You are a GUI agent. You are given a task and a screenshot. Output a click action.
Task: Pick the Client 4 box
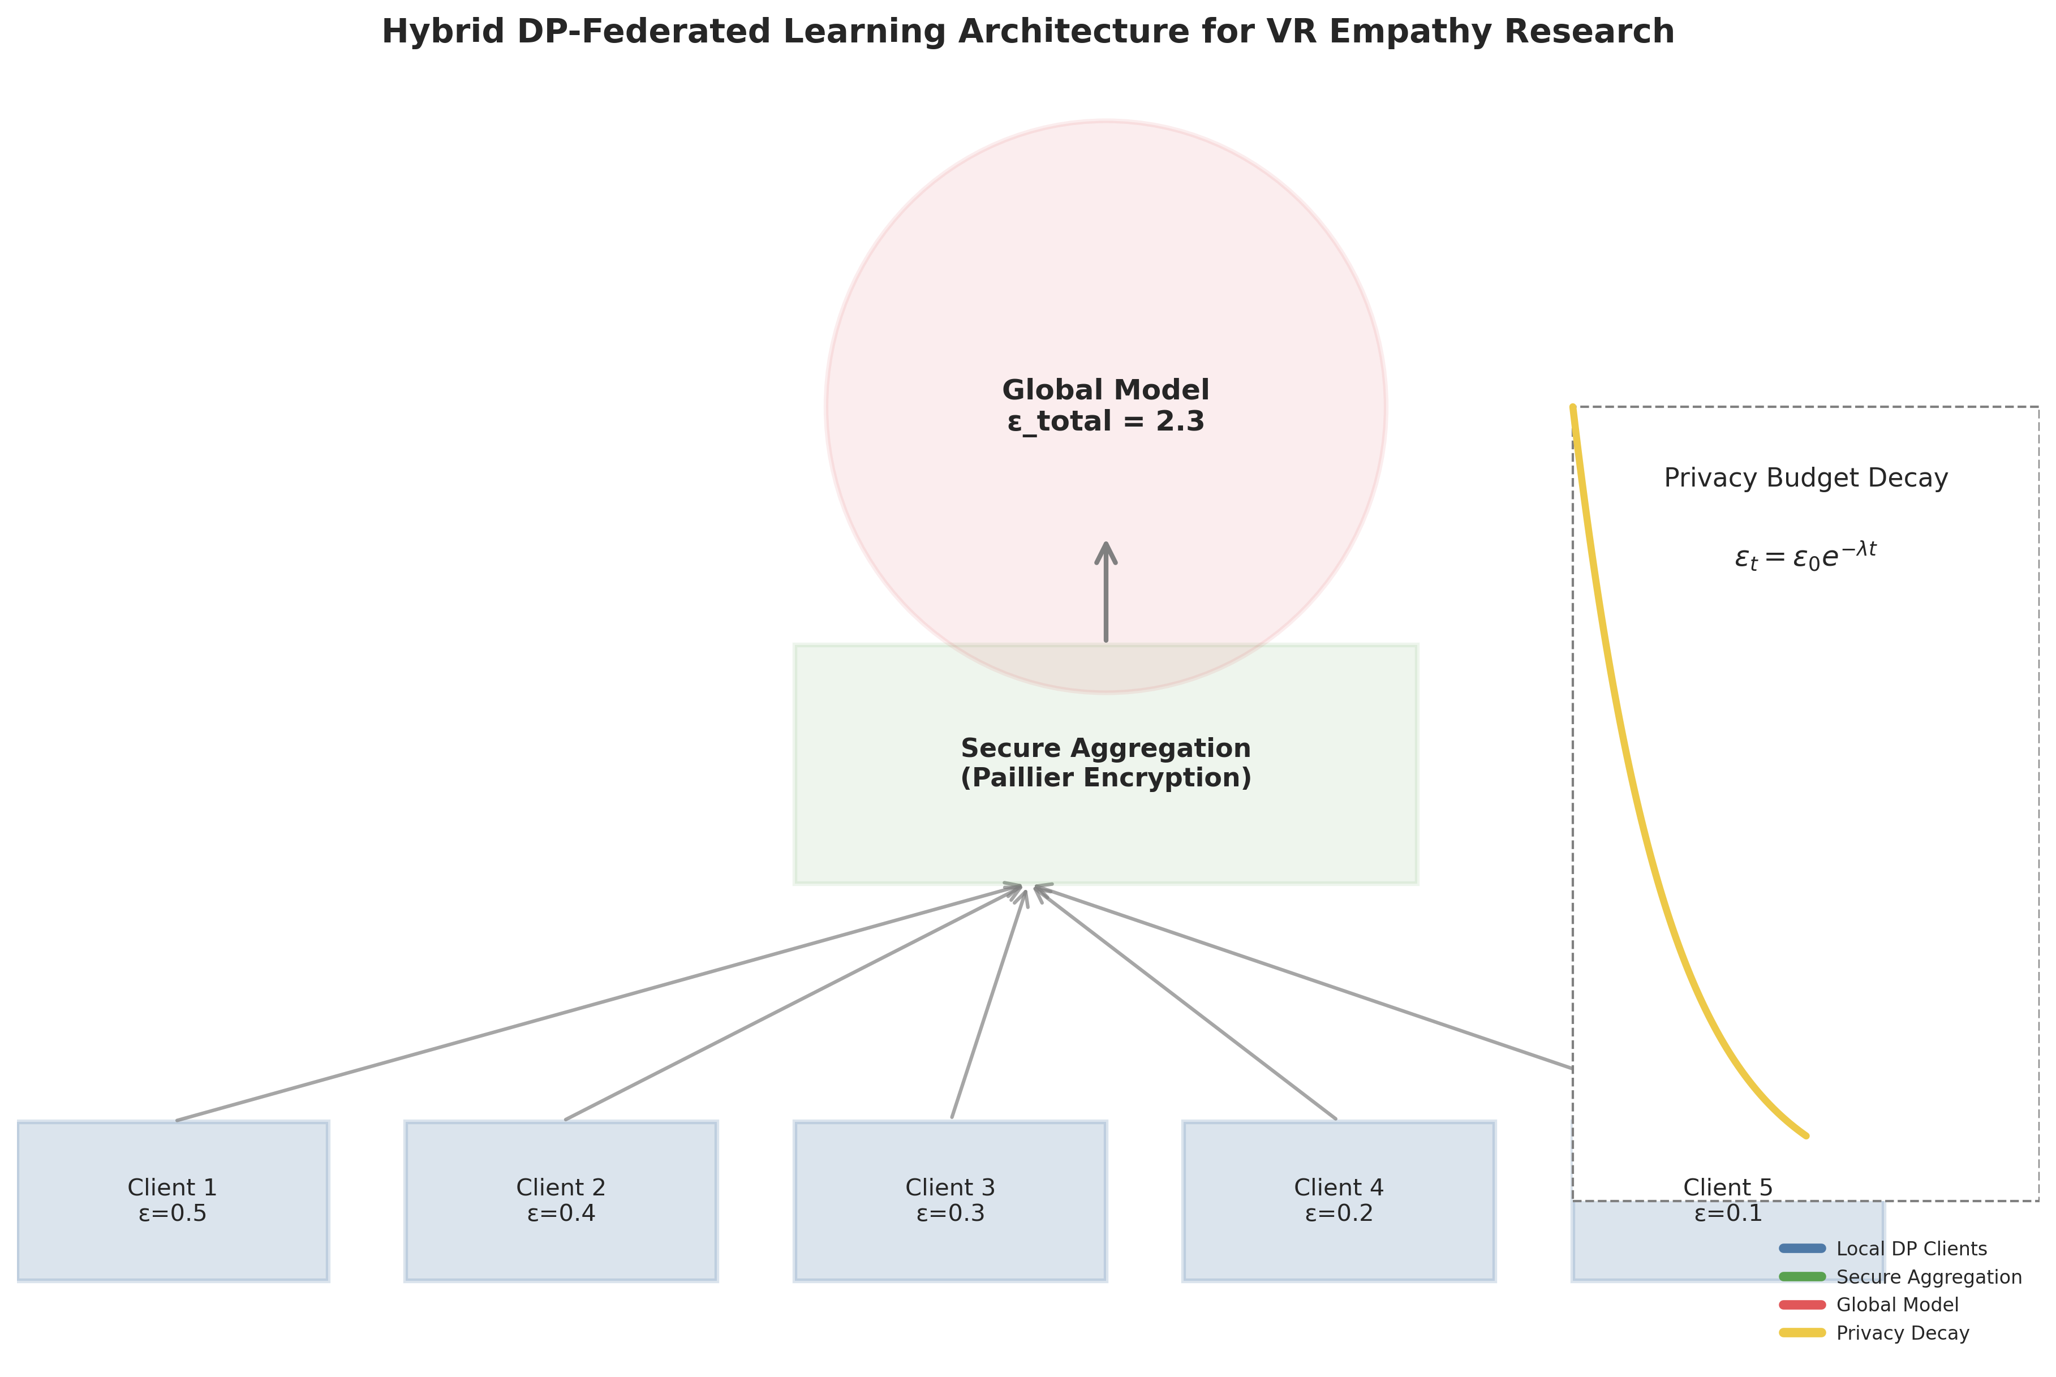pos(1339,1200)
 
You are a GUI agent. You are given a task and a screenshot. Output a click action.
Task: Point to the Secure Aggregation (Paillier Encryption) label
pos(1105,763)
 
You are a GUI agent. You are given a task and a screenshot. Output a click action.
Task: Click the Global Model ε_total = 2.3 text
pos(1105,406)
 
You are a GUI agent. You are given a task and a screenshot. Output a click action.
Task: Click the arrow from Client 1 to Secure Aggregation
pos(597,1004)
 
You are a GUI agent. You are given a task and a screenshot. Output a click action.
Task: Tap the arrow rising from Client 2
pos(790,1003)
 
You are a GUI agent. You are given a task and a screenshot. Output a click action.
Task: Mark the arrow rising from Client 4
pos(1186,1003)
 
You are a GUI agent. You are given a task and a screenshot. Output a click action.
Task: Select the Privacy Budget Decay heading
pos(1806,479)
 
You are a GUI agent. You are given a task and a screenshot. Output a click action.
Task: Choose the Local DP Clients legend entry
pos(1910,1249)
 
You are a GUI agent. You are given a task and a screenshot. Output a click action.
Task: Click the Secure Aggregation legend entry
pos(1928,1277)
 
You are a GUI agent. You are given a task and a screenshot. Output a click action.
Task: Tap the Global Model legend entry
pos(1897,1305)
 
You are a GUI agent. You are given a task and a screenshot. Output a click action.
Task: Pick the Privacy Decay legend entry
pos(1902,1333)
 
